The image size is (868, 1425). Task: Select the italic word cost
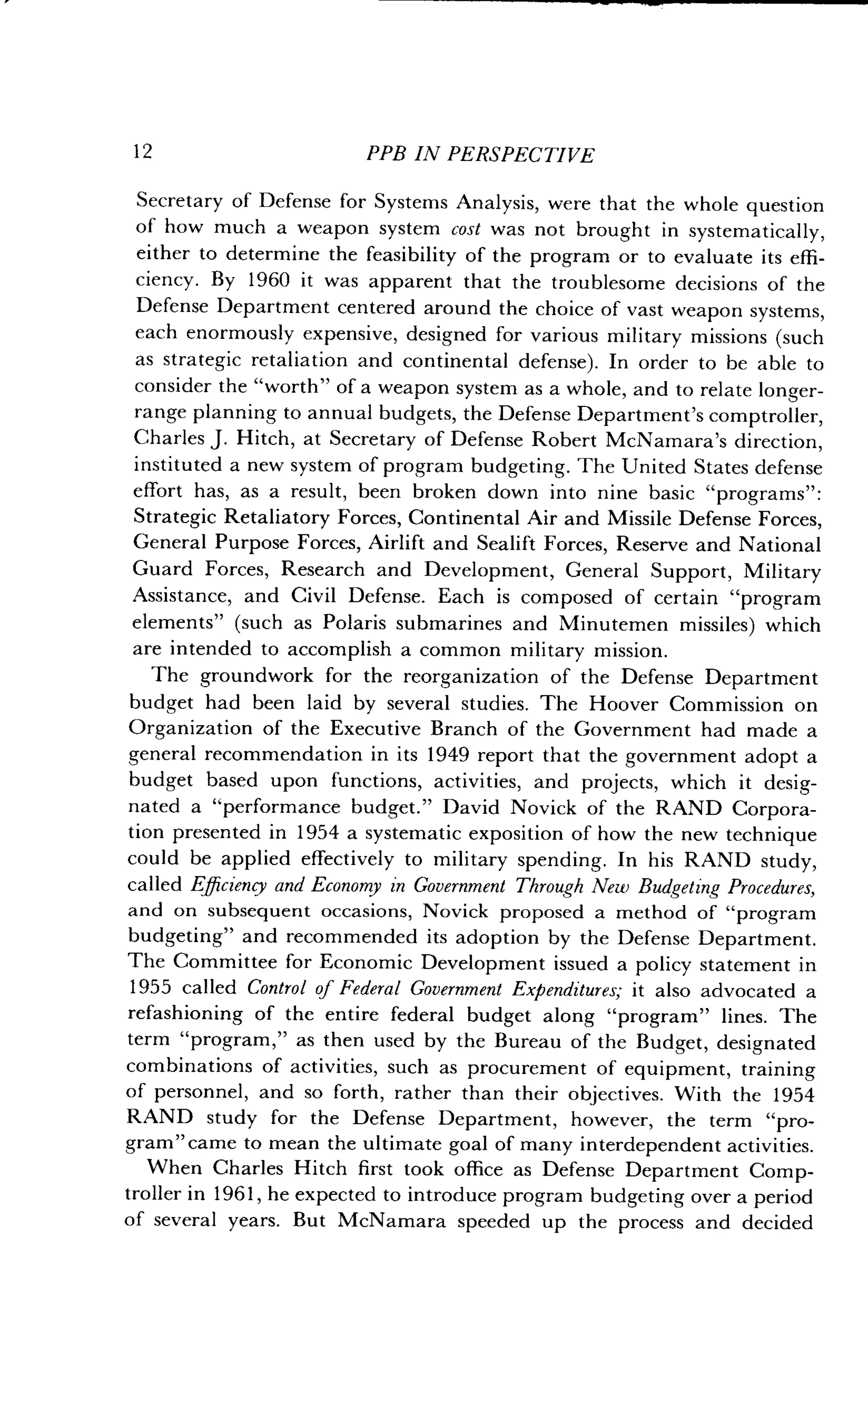tap(466, 230)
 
